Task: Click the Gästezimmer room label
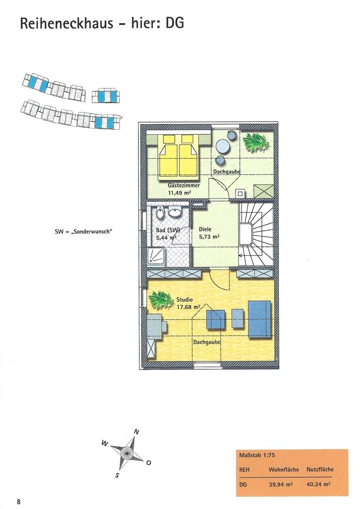coord(184,185)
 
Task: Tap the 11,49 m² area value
coord(179,192)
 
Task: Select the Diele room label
coord(205,229)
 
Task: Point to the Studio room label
coord(184,300)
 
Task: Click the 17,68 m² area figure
coord(188,307)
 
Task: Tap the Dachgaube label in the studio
coord(207,342)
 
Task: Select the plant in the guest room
coord(256,141)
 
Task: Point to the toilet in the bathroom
coord(160,213)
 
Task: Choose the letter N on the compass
coord(137,432)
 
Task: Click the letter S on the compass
coord(117,476)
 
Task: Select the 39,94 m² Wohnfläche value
coord(281,484)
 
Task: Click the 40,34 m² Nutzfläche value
coord(319,484)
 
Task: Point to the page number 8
coord(18,502)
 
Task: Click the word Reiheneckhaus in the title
coord(66,24)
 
